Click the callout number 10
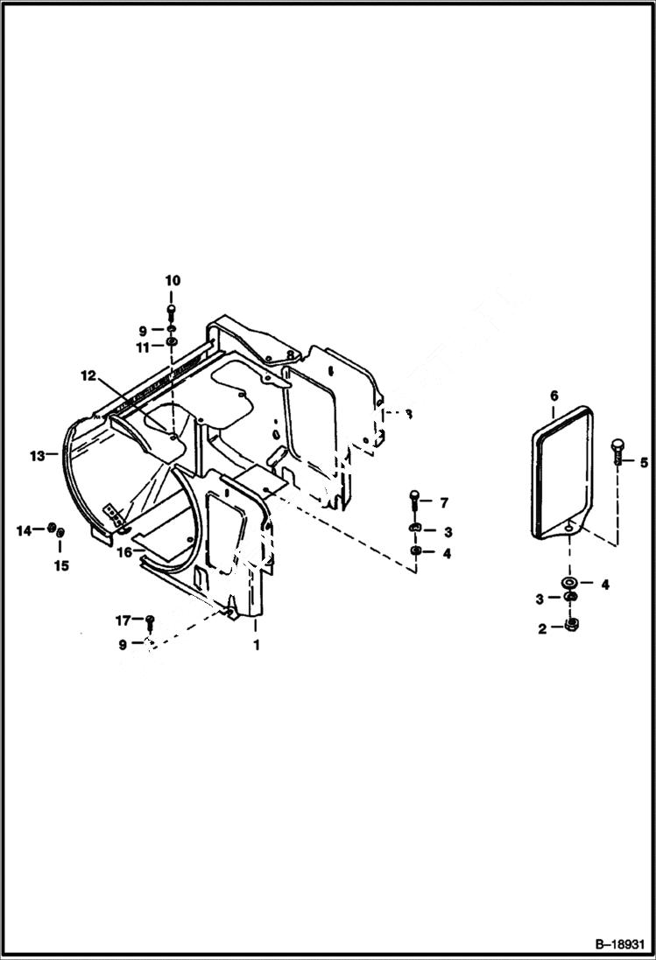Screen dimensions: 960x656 (x=172, y=280)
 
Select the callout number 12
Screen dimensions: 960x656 (x=88, y=375)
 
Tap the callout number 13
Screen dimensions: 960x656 (x=36, y=455)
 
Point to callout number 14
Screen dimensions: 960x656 (x=24, y=529)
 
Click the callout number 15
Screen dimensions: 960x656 (x=60, y=565)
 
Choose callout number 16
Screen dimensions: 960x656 (x=124, y=552)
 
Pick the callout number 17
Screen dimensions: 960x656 (x=123, y=620)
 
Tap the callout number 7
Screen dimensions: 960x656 (x=444, y=502)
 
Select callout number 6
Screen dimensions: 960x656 (x=554, y=396)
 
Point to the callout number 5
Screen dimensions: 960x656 (x=643, y=462)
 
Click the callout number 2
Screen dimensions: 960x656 (x=542, y=628)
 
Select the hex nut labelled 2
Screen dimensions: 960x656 (x=569, y=625)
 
